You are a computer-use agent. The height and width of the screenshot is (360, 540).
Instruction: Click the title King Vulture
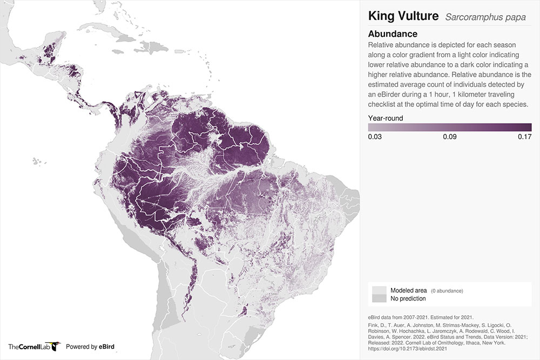tap(403, 16)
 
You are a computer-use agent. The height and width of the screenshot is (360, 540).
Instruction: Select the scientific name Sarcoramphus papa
tap(485, 17)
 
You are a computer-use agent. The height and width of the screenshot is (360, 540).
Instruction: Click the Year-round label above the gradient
tap(386, 118)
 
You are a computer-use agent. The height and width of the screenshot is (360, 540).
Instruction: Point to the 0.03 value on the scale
tap(375, 137)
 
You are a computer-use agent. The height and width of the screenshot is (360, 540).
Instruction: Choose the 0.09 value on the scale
tap(450, 137)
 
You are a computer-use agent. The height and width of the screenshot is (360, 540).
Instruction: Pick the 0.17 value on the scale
tap(524, 137)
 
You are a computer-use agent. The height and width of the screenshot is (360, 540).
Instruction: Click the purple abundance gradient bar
tap(450, 127)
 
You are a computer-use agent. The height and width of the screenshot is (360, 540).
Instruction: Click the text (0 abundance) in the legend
tap(447, 291)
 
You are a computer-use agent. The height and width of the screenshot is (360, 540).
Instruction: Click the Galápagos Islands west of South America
tap(36, 160)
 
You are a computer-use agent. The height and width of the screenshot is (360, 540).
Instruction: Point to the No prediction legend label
tap(408, 298)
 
